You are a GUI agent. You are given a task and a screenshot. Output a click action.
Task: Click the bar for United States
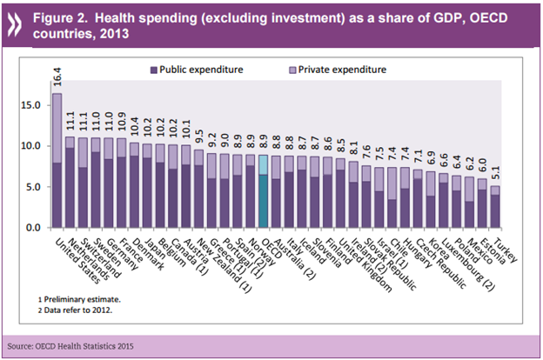57,161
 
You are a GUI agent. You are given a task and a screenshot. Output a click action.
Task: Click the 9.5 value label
198,137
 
